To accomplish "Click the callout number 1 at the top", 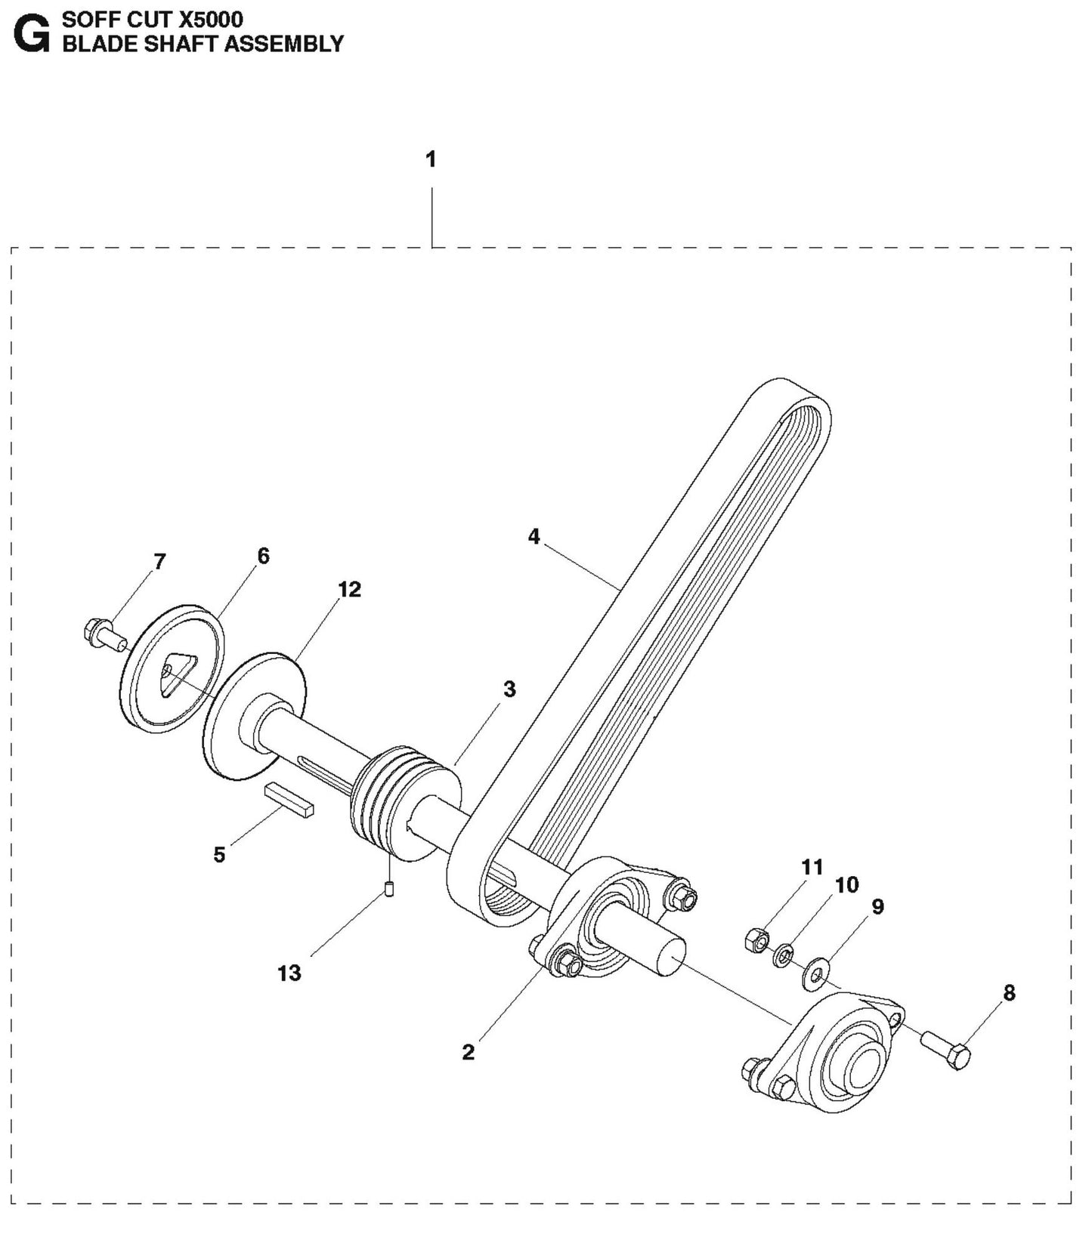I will point(431,160).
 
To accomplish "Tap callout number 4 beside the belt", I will point(534,537).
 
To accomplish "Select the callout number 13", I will point(289,973).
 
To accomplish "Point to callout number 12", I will point(349,589).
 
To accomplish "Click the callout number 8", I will point(1009,992).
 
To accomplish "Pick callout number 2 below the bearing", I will point(468,1052).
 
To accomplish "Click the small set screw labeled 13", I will point(390,889).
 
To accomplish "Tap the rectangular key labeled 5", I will point(288,800).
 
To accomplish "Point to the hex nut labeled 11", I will point(756,940).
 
